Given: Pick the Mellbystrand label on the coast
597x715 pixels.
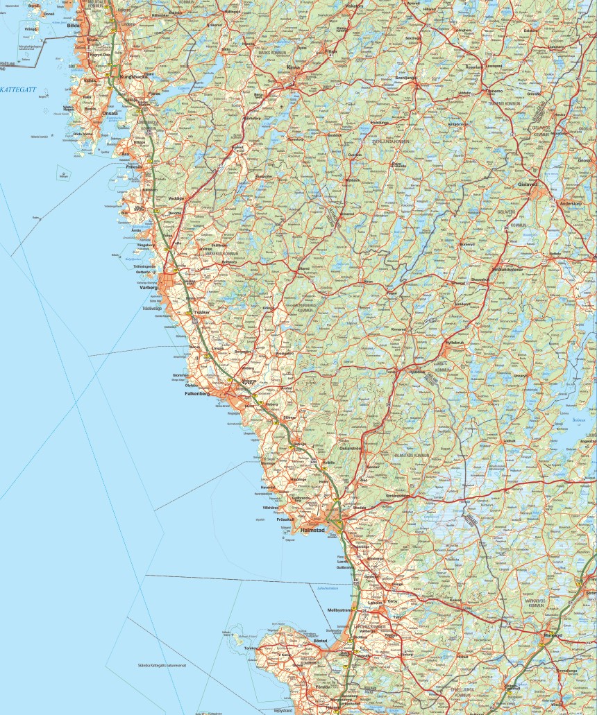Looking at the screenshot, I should pos(341,609).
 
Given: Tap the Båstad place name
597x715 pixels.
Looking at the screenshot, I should pos(320,641).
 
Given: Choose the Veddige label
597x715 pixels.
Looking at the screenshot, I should pos(177,198).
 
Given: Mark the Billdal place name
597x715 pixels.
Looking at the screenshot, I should pos(74,25).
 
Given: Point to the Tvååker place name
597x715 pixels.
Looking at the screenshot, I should pos(200,312).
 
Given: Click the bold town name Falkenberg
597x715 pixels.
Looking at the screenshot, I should pos(197,393).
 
